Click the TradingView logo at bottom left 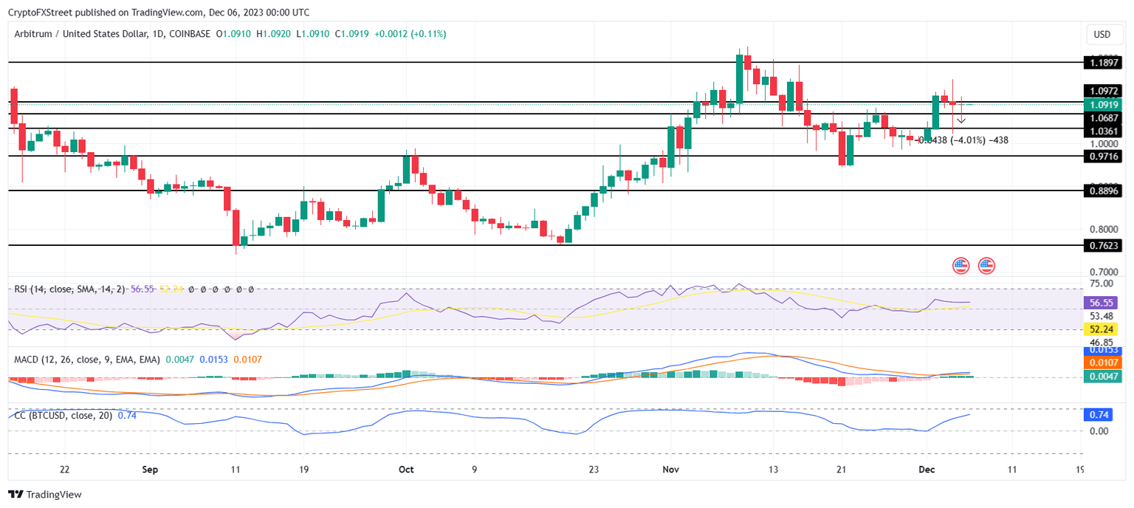pos(45,495)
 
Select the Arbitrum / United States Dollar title pos(89,34)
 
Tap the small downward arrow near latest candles pos(961,120)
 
